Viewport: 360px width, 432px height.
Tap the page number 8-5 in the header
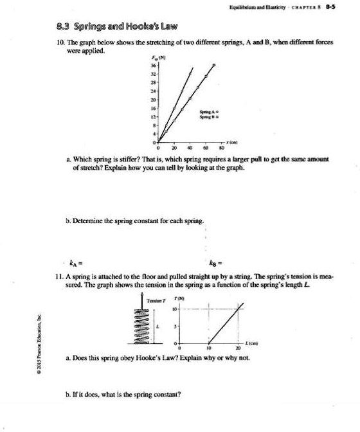point(345,10)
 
